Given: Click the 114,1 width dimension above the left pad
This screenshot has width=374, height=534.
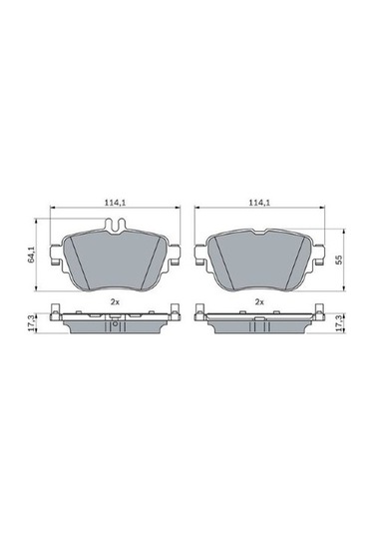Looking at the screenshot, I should (x=115, y=204).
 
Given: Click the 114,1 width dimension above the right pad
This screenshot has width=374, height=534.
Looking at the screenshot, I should (x=259, y=204).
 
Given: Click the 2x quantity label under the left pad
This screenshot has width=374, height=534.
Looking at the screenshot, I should (x=115, y=300).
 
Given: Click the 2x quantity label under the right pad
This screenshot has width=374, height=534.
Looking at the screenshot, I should (x=259, y=300).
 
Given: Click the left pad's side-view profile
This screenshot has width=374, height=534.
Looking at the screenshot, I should (x=115, y=325).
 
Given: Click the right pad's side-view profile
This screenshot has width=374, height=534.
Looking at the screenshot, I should (x=259, y=325).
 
